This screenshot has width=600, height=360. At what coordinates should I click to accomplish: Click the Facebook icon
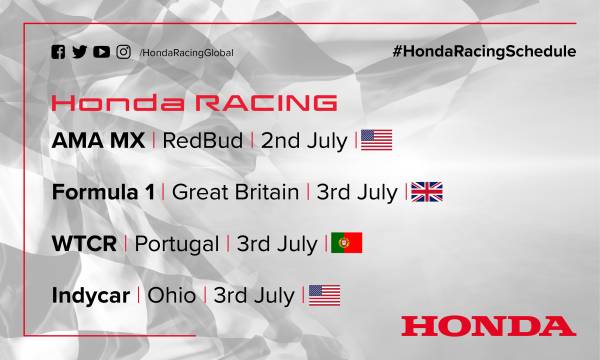[x=58, y=52]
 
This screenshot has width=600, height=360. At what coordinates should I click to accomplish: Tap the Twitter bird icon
[x=79, y=52]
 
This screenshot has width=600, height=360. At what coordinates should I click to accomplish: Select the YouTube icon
[x=101, y=52]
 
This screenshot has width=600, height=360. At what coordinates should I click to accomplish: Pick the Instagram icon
[x=123, y=52]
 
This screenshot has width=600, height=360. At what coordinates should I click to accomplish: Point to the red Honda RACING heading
[x=193, y=103]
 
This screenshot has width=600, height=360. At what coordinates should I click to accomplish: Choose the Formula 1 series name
[x=103, y=192]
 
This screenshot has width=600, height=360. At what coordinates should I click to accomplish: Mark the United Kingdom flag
[x=427, y=192]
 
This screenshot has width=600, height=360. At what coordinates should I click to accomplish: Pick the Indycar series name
[x=91, y=296]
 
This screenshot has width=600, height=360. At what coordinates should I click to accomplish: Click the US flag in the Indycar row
[x=324, y=295]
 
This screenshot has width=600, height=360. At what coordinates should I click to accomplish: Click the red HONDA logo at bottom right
[x=487, y=325]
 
